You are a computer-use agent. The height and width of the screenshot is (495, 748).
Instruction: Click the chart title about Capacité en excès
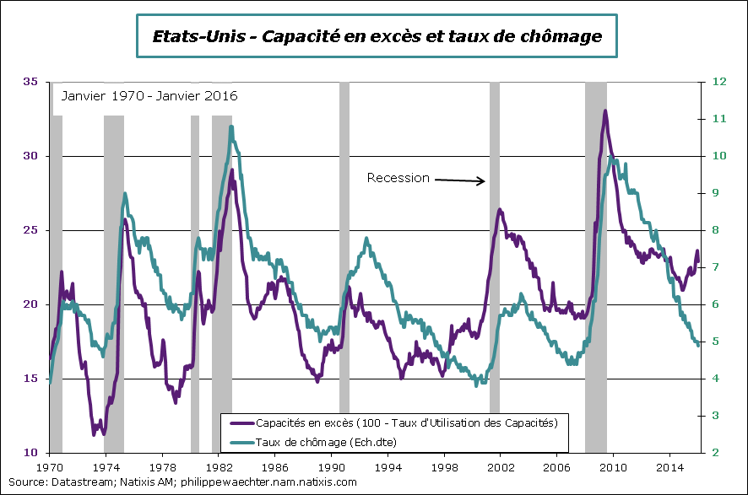377,36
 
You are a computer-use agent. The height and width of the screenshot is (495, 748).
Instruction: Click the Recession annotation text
398,178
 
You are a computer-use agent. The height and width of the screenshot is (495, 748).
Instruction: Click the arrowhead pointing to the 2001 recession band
483,180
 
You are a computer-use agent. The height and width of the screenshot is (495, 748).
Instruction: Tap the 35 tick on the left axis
31,82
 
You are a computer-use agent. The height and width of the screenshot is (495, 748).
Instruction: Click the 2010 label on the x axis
614,465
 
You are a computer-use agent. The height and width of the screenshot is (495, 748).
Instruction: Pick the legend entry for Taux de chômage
326,441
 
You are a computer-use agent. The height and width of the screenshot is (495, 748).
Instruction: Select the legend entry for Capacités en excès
406,421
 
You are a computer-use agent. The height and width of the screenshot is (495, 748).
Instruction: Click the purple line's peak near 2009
604,111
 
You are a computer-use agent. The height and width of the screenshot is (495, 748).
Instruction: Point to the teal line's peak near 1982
231,127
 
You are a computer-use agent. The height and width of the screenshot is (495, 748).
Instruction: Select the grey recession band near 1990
344,253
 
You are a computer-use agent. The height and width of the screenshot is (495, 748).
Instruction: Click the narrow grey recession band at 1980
195,253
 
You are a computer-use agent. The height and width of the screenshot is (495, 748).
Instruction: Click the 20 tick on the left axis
31,304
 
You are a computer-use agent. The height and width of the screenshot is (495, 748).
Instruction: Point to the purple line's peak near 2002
500,209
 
